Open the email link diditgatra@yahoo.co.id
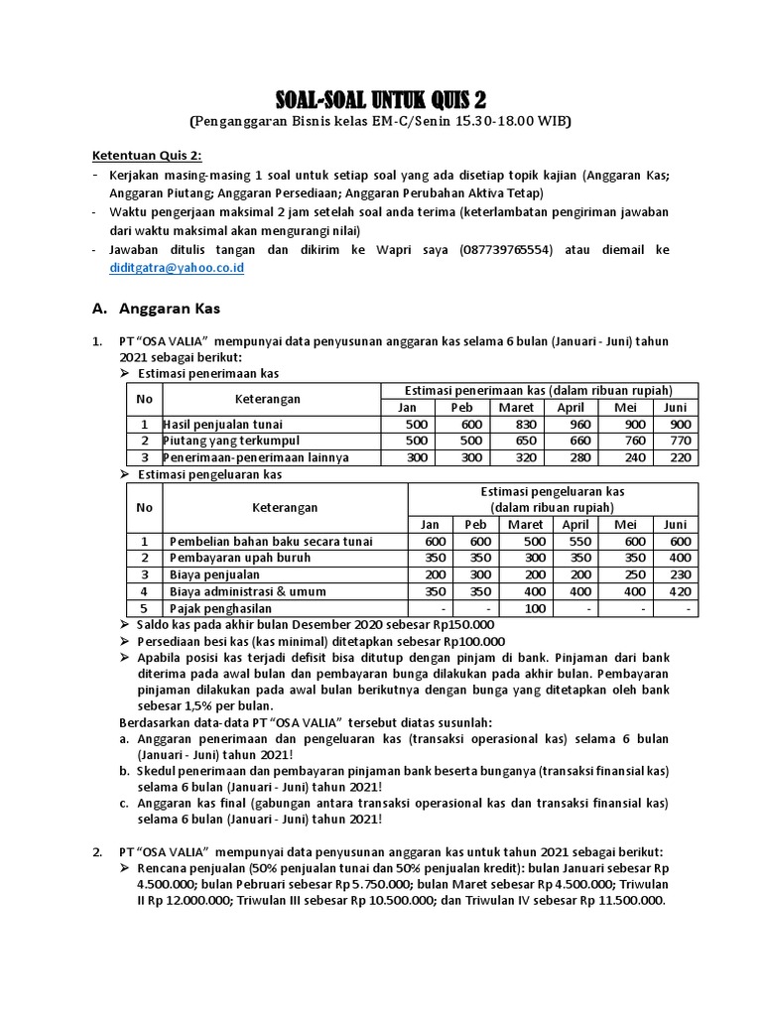point(178,268)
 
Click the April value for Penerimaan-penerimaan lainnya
point(571,457)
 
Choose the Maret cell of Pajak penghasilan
point(526,607)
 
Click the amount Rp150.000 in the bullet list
point(458,624)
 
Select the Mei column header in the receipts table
point(623,407)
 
